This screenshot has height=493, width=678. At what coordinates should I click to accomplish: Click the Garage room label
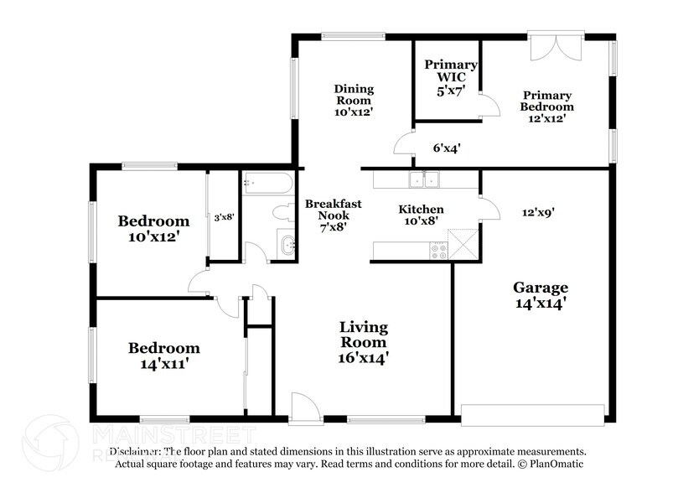click(541, 295)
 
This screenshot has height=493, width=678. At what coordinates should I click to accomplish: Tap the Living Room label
click(363, 342)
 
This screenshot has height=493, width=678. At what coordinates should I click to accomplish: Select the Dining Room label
click(354, 99)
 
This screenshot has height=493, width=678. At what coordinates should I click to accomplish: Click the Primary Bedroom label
click(547, 106)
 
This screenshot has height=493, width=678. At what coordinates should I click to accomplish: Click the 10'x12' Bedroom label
click(153, 229)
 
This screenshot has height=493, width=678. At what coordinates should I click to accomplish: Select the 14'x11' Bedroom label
click(163, 355)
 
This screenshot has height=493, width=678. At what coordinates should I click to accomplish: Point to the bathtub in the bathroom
click(267, 184)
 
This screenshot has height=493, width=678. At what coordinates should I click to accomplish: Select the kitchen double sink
click(422, 179)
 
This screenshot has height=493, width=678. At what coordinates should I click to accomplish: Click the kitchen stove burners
click(438, 250)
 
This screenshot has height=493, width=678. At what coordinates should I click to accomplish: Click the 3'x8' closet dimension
click(224, 217)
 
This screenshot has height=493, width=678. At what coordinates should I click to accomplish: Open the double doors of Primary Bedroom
click(554, 46)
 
